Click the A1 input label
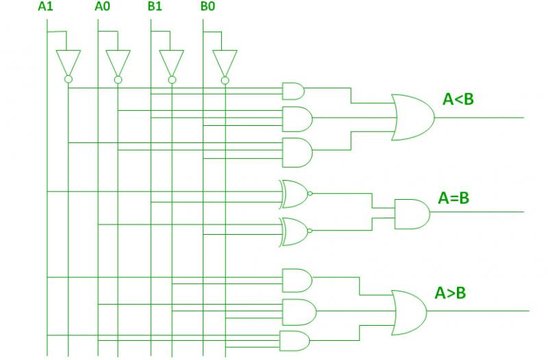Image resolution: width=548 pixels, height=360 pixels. pyautogui.click(x=45, y=6)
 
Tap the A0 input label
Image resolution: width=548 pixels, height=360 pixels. pyautogui.click(x=102, y=6)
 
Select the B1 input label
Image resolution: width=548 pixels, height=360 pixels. pyautogui.click(x=155, y=6)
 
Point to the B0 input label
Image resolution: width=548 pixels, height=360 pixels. pyautogui.click(x=208, y=6)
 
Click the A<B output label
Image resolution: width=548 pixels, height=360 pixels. pyautogui.click(x=458, y=99)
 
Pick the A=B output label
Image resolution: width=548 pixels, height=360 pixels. pyautogui.click(x=453, y=198)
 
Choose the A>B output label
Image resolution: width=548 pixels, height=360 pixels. pyautogui.click(x=450, y=293)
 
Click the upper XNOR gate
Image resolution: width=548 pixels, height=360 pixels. pyautogui.click(x=294, y=194)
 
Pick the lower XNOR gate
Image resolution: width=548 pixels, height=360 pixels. pyautogui.click(x=294, y=232)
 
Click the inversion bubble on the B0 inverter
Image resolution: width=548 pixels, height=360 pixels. pyautogui.click(x=225, y=81)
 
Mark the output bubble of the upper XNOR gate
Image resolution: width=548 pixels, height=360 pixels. pyautogui.click(x=310, y=194)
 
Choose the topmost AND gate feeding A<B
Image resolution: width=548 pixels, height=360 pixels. pyautogui.click(x=293, y=92)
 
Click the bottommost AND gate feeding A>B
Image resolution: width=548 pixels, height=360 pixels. pyautogui.click(x=295, y=341)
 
